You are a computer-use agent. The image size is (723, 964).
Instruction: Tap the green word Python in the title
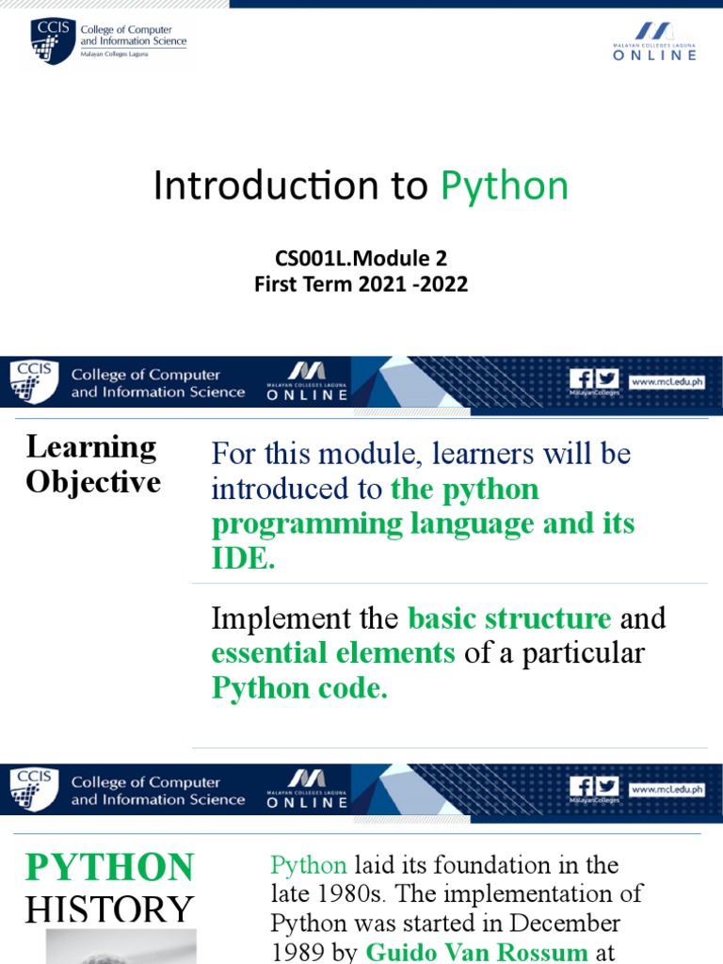click(505, 186)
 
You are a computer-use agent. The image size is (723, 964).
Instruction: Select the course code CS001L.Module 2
click(361, 258)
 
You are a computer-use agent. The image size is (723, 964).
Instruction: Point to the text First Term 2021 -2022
click(361, 283)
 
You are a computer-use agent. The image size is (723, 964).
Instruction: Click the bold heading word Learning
click(90, 446)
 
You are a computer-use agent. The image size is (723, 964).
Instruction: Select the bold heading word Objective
click(93, 482)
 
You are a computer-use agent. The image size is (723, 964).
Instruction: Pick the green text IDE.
click(243, 559)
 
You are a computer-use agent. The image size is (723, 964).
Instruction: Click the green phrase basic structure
click(509, 619)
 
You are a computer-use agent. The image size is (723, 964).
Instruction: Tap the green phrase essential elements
click(333, 652)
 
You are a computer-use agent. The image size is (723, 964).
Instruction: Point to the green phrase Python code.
click(299, 687)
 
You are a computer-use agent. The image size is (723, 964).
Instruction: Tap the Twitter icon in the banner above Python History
click(607, 785)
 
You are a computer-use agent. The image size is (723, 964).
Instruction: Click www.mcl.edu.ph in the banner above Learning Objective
click(667, 382)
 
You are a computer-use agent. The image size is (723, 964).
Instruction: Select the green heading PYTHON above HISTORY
click(109, 867)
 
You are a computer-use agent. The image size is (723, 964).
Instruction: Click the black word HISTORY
click(109, 909)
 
